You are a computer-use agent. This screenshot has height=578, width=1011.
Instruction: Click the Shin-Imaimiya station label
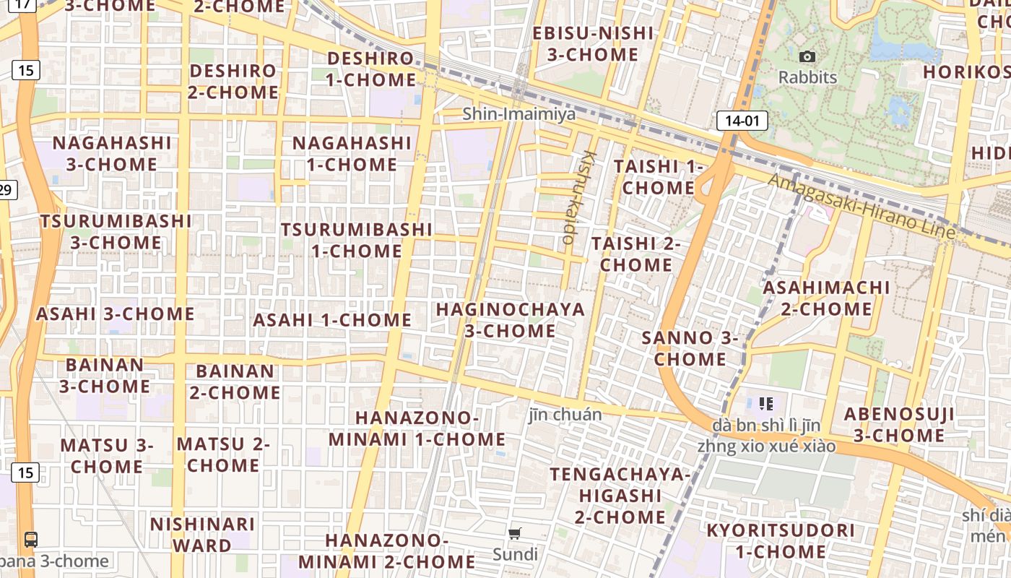click(x=519, y=113)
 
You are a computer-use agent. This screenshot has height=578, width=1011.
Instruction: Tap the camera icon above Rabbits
click(x=807, y=56)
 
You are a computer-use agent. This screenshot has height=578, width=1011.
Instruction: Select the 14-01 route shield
click(x=742, y=121)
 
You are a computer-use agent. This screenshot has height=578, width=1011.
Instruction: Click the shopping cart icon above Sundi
click(x=515, y=534)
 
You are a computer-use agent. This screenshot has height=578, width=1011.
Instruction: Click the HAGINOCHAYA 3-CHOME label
click(x=511, y=320)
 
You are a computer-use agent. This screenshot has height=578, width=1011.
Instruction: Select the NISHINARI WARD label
click(x=202, y=534)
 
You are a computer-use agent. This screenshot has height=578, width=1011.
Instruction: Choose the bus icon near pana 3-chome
click(x=31, y=539)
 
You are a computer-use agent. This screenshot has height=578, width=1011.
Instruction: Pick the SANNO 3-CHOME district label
click(x=690, y=348)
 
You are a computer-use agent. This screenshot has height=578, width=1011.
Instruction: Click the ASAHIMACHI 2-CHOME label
click(x=827, y=298)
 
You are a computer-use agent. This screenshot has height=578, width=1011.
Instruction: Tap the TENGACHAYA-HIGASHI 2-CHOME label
click(x=620, y=496)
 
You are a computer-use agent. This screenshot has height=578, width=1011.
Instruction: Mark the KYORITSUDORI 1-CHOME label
click(x=781, y=541)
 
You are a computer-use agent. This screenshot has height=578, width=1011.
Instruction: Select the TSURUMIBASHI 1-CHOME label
click(x=357, y=240)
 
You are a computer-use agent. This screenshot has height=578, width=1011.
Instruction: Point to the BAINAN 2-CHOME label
click(x=235, y=381)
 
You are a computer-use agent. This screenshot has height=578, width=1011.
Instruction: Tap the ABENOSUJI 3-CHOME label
click(x=899, y=424)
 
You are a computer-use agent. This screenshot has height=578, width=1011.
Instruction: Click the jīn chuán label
click(x=565, y=414)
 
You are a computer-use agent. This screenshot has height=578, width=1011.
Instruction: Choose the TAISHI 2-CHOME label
click(x=636, y=254)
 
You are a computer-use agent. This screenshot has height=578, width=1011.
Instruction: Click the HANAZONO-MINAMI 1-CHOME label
click(x=417, y=428)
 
